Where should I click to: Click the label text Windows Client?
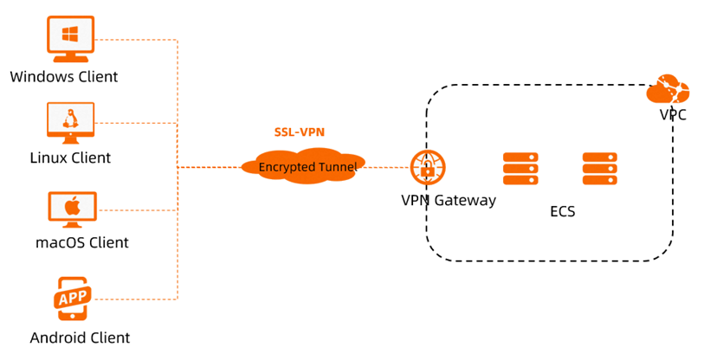64,76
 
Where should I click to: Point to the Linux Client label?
70,157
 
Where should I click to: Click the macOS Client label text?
82,242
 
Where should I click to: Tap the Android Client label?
80,337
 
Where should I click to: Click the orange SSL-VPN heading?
299,132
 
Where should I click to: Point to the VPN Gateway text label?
449,201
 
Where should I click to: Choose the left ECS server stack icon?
520,169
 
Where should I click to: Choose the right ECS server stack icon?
599,169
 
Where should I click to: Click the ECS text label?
562,211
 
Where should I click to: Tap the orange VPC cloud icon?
668,89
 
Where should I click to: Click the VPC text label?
673,114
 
